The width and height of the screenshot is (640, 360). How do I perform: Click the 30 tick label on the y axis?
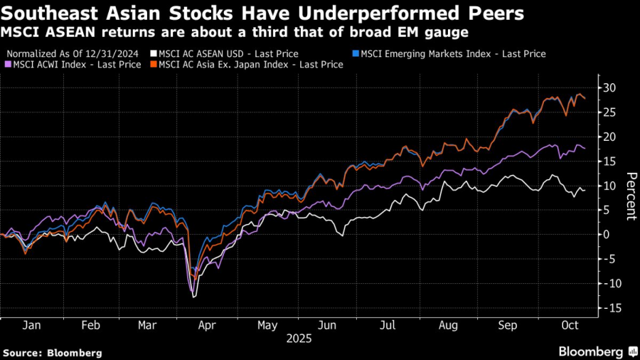[x=609, y=88]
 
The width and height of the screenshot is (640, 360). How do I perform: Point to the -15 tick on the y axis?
[x=609, y=307]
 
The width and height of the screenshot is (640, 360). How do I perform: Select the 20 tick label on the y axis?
[x=609, y=137]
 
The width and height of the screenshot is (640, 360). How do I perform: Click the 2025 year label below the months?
[x=299, y=339]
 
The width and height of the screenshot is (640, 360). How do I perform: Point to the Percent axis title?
[x=629, y=196]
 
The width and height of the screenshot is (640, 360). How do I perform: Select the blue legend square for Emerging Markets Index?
[x=356, y=53]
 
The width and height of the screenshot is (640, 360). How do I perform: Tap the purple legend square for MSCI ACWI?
[x=9, y=64]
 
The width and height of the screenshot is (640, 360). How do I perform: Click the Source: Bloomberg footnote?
[x=53, y=352]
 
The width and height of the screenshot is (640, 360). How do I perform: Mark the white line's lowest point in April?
[x=194, y=297]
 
